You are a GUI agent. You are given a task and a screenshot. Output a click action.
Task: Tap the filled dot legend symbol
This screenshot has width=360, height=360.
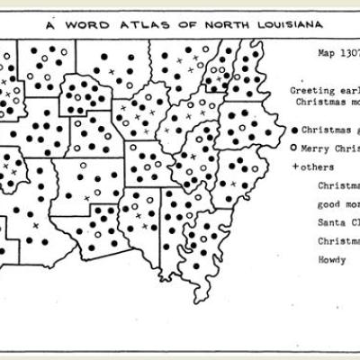click(295, 128)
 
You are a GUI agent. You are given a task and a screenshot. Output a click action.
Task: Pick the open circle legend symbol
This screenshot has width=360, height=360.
click(295, 147)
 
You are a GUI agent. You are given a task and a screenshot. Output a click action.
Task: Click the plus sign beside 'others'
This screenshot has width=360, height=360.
click(295, 166)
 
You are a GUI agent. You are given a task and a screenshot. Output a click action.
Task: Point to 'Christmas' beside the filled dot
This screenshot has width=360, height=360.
click(329, 128)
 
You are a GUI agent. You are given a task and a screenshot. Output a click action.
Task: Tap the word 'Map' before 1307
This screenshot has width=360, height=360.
click(326, 53)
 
